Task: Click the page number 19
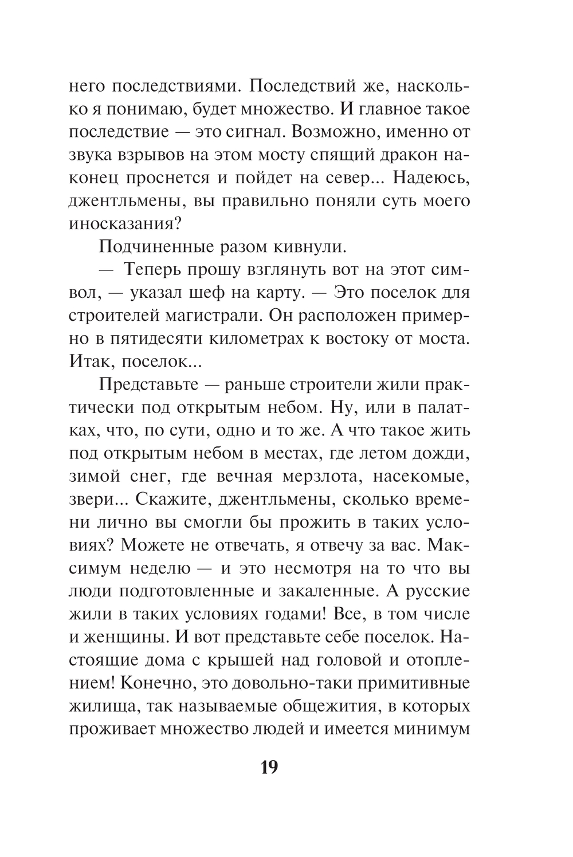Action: coord(269,766)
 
